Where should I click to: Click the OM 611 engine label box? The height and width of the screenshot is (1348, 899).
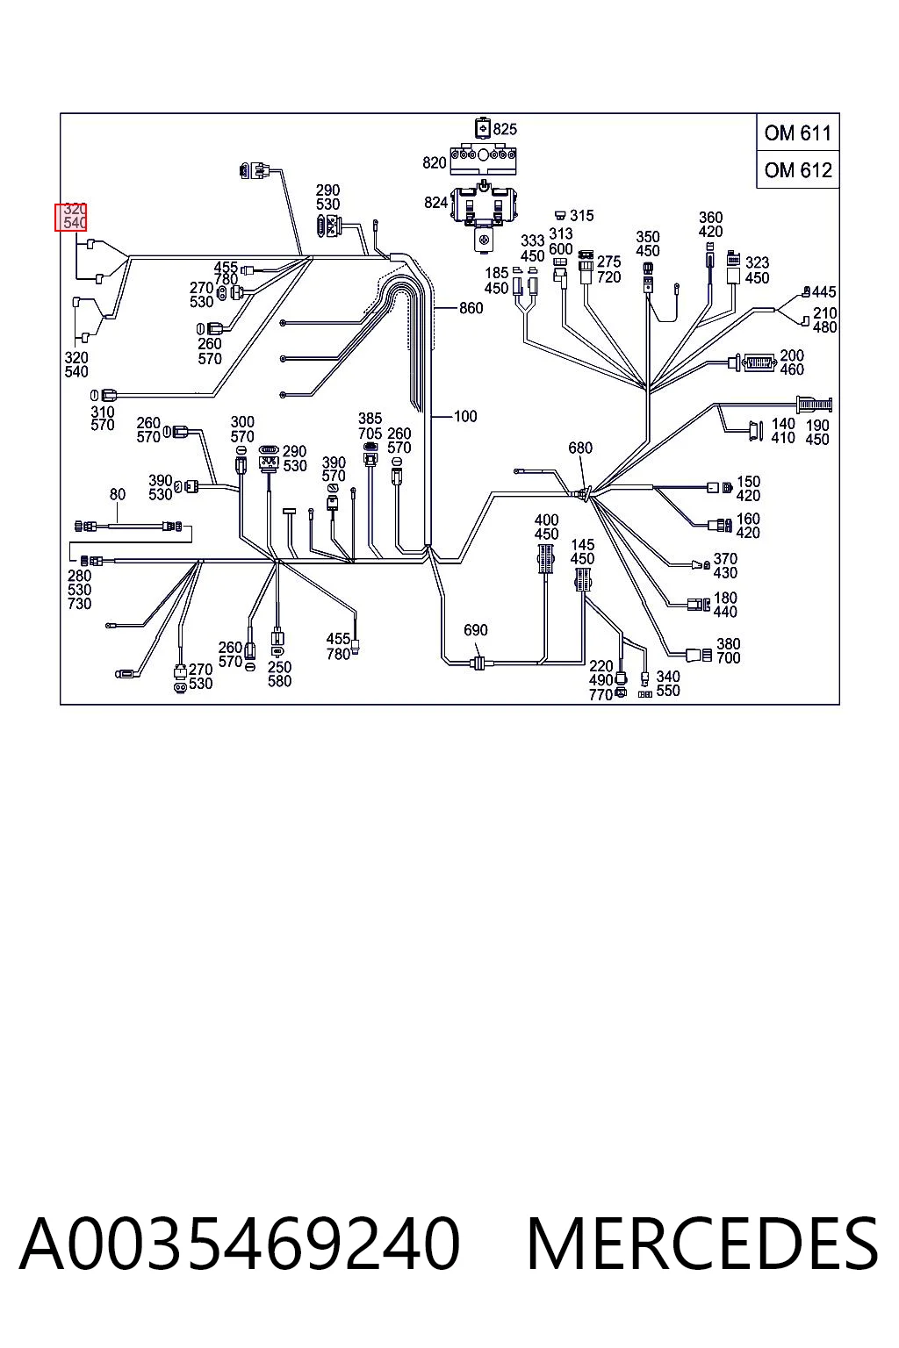pyautogui.click(x=797, y=133)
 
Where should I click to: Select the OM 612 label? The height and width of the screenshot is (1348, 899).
pyautogui.click(x=797, y=170)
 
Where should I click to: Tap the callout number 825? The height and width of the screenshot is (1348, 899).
pyautogui.click(x=505, y=129)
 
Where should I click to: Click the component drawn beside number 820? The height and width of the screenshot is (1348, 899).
pyautogui.click(x=484, y=159)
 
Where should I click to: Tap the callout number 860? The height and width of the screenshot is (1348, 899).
pyautogui.click(x=471, y=308)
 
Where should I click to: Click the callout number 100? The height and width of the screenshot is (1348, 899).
pyautogui.click(x=464, y=417)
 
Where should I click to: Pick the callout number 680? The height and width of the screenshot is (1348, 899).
pyautogui.click(x=580, y=448)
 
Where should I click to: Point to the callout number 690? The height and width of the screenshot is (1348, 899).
pyautogui.click(x=476, y=630)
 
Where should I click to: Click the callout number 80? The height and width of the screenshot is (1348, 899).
pyautogui.click(x=118, y=495)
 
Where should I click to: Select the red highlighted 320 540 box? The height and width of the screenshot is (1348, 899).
pyautogui.click(x=71, y=217)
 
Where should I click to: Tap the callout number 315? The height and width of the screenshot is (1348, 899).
pyautogui.click(x=582, y=215)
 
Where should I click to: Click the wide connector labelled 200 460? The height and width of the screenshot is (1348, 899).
pyautogui.click(x=752, y=362)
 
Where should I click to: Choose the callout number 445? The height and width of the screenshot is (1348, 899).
pyautogui.click(x=823, y=292)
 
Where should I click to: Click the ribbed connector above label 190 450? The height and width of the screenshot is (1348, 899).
pyautogui.click(x=815, y=404)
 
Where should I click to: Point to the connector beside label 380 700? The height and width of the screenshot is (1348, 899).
pyautogui.click(x=699, y=655)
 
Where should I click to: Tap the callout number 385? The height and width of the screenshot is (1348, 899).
pyautogui.click(x=370, y=419)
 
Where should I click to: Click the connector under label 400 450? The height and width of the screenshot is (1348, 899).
pyautogui.click(x=546, y=558)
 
